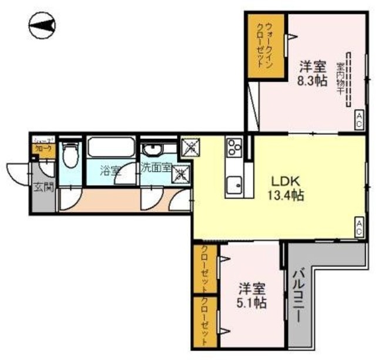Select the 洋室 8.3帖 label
[x=313, y=74]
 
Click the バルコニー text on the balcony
[x=297, y=299]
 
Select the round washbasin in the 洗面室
[x=152, y=147]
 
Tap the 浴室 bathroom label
[x=110, y=171]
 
